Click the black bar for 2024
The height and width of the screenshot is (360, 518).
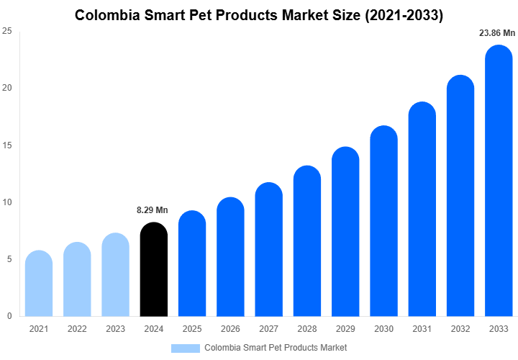tap(153, 270)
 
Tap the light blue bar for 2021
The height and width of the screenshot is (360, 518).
tap(38, 284)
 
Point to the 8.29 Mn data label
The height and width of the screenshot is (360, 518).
tap(152, 210)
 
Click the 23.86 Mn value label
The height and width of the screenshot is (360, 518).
tap(497, 33)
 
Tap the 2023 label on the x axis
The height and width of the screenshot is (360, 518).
tap(115, 329)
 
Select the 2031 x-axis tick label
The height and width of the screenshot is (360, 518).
tap(422, 329)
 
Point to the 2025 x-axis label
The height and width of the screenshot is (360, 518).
tap(192, 329)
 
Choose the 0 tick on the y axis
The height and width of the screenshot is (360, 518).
tap(9, 316)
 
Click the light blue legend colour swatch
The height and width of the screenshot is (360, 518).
tap(185, 348)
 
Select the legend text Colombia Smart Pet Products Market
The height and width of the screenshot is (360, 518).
tap(276, 348)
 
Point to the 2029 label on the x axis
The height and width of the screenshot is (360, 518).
tap(345, 329)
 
